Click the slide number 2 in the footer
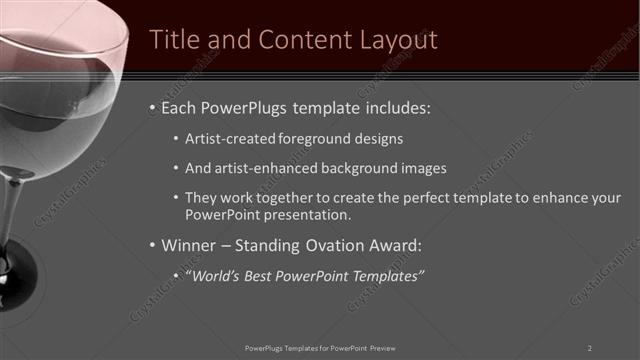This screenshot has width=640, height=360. point(590,348)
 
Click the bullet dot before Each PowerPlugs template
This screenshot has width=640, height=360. point(151,106)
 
